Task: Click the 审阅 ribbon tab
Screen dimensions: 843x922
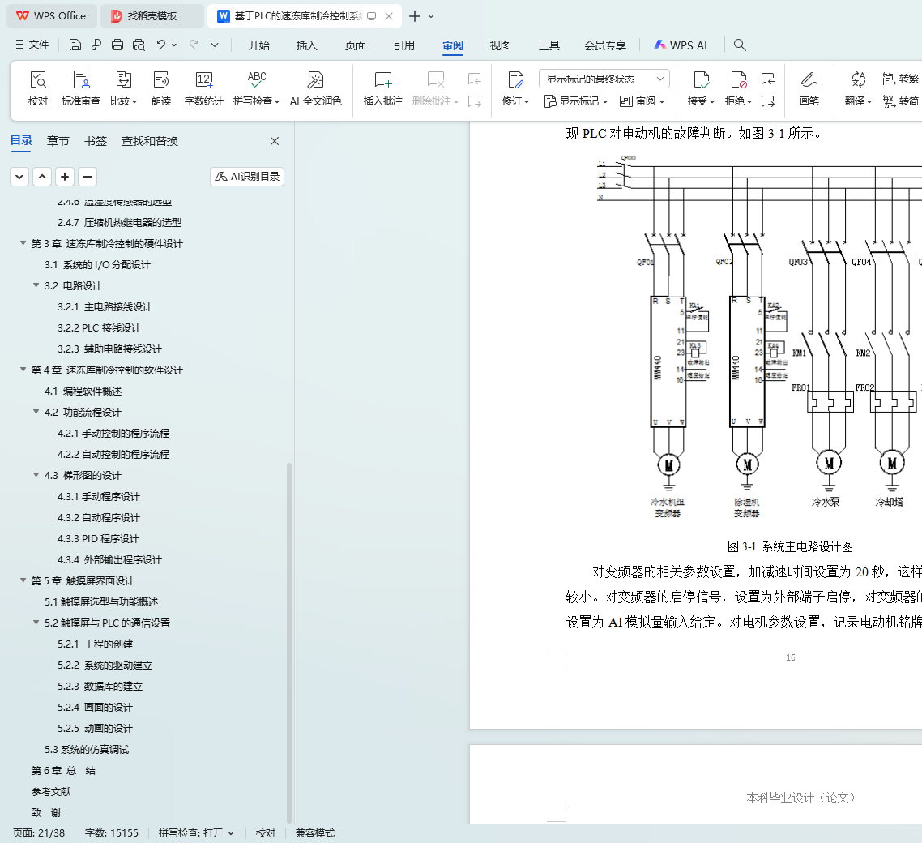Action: click(453, 45)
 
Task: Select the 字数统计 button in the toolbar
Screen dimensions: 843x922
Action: click(203, 88)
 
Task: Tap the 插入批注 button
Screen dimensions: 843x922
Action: click(382, 88)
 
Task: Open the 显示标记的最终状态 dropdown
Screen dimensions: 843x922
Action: click(604, 79)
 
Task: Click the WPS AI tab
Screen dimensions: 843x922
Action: click(681, 45)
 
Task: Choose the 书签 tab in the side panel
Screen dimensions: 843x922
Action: click(96, 141)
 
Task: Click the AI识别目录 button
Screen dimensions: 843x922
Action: click(247, 177)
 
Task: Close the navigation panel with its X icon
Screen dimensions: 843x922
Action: click(275, 141)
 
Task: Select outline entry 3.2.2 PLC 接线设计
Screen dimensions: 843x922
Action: click(100, 327)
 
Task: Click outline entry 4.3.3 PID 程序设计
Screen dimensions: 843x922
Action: click(99, 538)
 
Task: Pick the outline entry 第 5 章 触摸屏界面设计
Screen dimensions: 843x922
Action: click(83, 580)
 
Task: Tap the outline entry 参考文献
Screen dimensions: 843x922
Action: click(51, 791)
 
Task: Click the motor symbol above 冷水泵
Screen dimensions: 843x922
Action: click(829, 463)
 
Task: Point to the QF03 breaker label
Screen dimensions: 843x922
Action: click(798, 262)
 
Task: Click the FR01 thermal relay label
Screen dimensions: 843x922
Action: click(800, 387)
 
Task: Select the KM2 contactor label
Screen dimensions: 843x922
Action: click(863, 353)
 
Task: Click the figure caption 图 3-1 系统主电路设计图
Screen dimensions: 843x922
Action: click(790, 546)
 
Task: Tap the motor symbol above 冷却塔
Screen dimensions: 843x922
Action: click(892, 463)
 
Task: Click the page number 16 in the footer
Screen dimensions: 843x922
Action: click(791, 657)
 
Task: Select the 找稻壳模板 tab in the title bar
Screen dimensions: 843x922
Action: click(152, 15)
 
